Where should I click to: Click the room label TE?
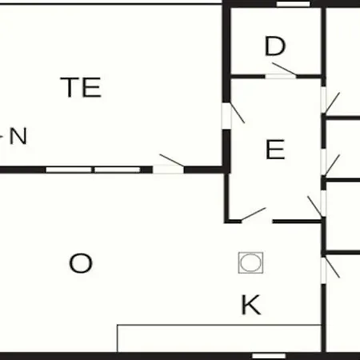click(x=81, y=87)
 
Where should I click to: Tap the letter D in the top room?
click(x=275, y=46)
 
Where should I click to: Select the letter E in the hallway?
click(x=275, y=150)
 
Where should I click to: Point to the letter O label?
click(x=81, y=263)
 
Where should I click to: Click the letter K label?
click(x=251, y=305)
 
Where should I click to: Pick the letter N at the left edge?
click(x=18, y=136)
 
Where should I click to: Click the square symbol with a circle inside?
click(x=250, y=262)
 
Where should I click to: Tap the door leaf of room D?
click(x=284, y=69)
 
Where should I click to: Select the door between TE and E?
click(x=238, y=113)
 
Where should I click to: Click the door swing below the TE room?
click(x=172, y=160)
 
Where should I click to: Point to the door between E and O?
click(x=254, y=214)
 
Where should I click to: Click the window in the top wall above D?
click(x=294, y=4)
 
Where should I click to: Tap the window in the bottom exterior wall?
click(x=269, y=356)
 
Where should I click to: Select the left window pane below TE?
click(x=69, y=170)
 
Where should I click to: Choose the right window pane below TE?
click(x=118, y=170)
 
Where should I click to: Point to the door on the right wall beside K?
click(x=332, y=267)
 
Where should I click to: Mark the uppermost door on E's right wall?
click(x=332, y=102)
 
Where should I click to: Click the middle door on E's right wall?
click(x=332, y=165)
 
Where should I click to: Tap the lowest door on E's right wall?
click(x=314, y=206)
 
